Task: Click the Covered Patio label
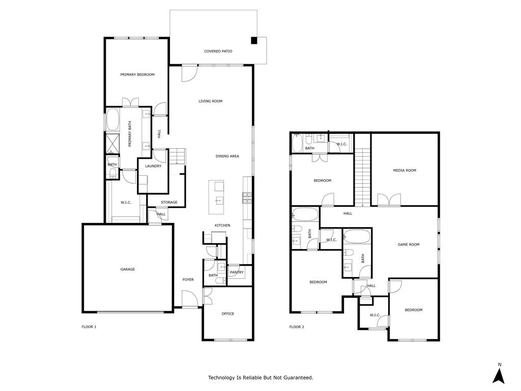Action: click(x=218, y=51)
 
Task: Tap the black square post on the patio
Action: click(x=254, y=41)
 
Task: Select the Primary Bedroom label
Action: click(x=137, y=75)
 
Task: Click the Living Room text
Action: click(x=210, y=101)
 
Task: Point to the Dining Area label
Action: click(x=227, y=156)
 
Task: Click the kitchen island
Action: click(x=216, y=197)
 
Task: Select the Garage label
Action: click(x=128, y=269)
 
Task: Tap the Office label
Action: click(x=228, y=314)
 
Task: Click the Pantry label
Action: click(x=237, y=272)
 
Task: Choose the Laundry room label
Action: click(x=153, y=166)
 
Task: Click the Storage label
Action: click(x=169, y=203)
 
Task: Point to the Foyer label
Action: click(x=188, y=280)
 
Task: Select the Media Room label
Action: click(x=404, y=171)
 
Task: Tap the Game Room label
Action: click(x=409, y=245)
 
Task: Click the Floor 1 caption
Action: click(x=89, y=327)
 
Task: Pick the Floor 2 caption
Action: click(x=297, y=327)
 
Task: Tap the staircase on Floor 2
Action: click(x=362, y=177)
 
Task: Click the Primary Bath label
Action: click(x=130, y=136)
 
